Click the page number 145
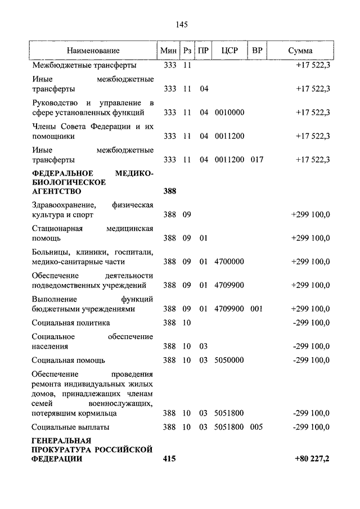(181, 24)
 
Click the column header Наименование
(93, 51)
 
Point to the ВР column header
(257, 51)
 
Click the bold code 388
(170, 191)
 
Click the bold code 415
(170, 459)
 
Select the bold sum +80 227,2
(312, 459)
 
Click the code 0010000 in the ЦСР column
(229, 112)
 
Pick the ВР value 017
(257, 160)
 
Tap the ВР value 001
(257, 309)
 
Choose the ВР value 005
(257, 427)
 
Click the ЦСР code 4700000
(229, 262)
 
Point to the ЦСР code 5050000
(229, 360)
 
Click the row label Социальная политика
(71, 323)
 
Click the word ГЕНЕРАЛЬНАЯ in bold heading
(61, 440)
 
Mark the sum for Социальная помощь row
(311, 360)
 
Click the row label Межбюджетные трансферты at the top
(83, 65)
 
